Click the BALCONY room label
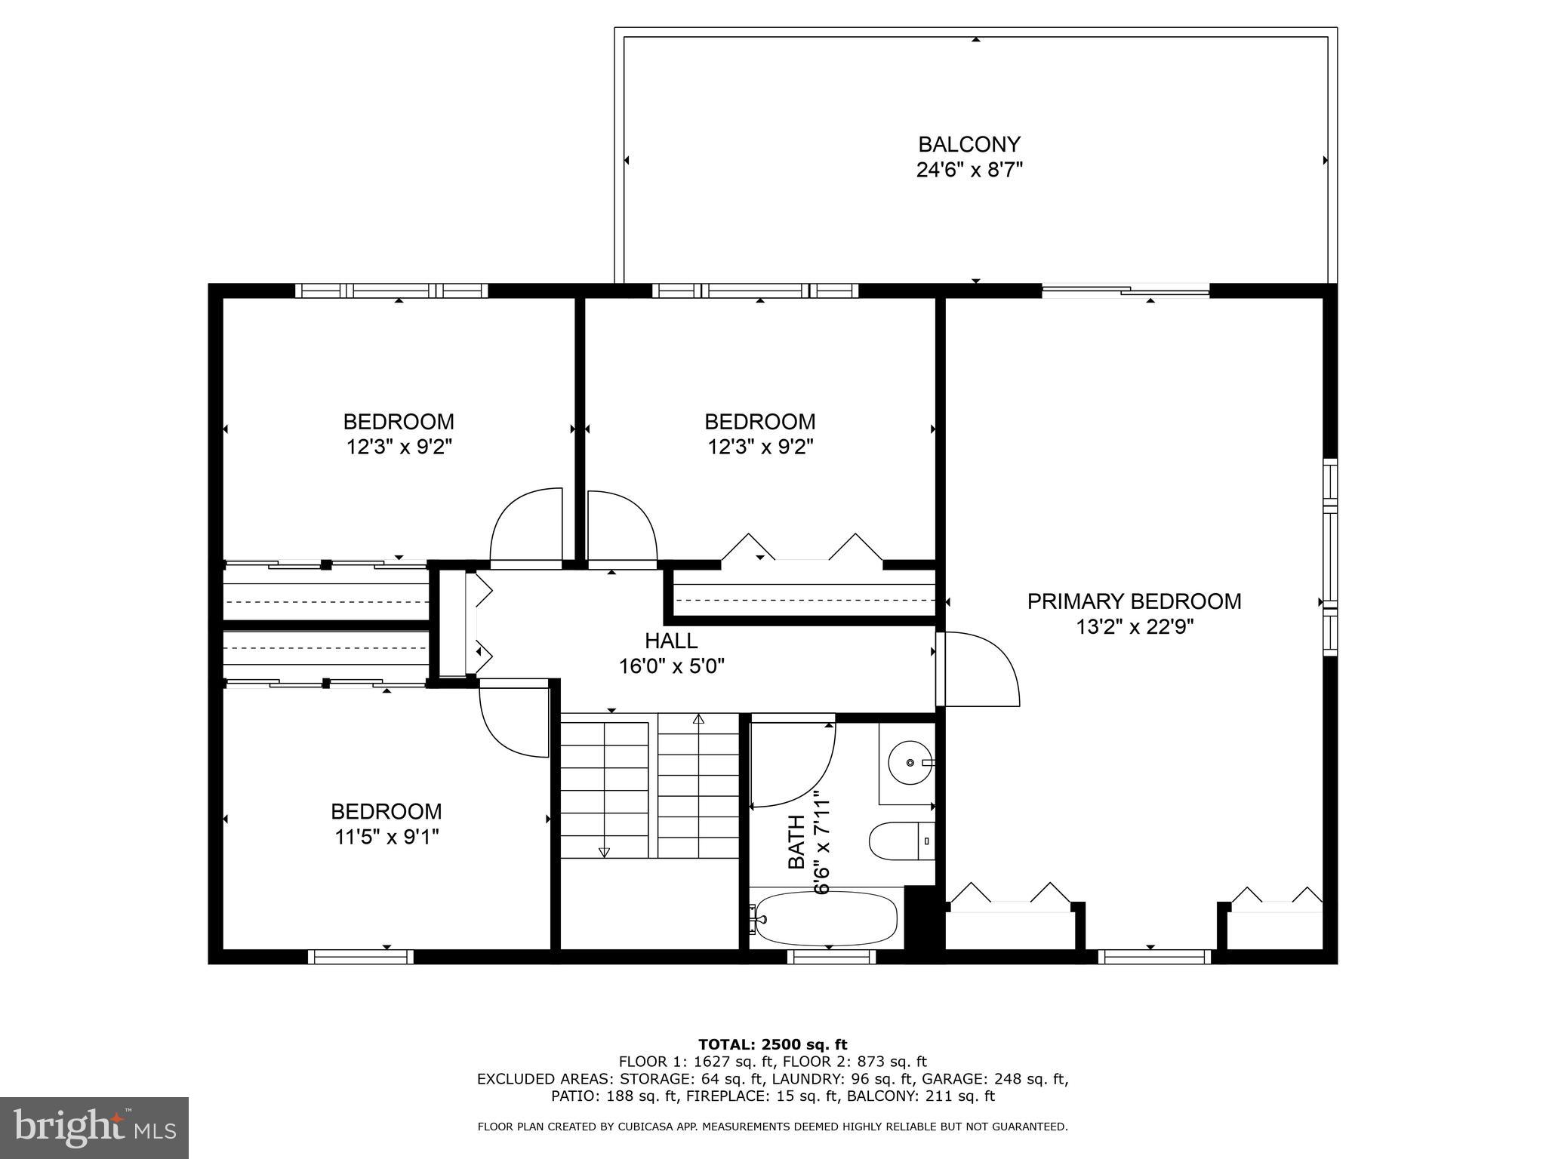pos(969,143)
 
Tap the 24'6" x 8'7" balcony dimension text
pos(969,170)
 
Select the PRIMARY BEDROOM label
pos(1134,601)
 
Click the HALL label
pos(670,641)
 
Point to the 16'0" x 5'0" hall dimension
pos(672,666)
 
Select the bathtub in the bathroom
pos(827,918)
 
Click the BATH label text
pos(796,853)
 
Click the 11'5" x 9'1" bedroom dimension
pos(386,837)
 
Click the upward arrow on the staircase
pos(698,719)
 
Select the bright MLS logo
pos(94,1127)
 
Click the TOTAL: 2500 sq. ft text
pos(772,1045)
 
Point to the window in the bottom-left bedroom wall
pos(360,957)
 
